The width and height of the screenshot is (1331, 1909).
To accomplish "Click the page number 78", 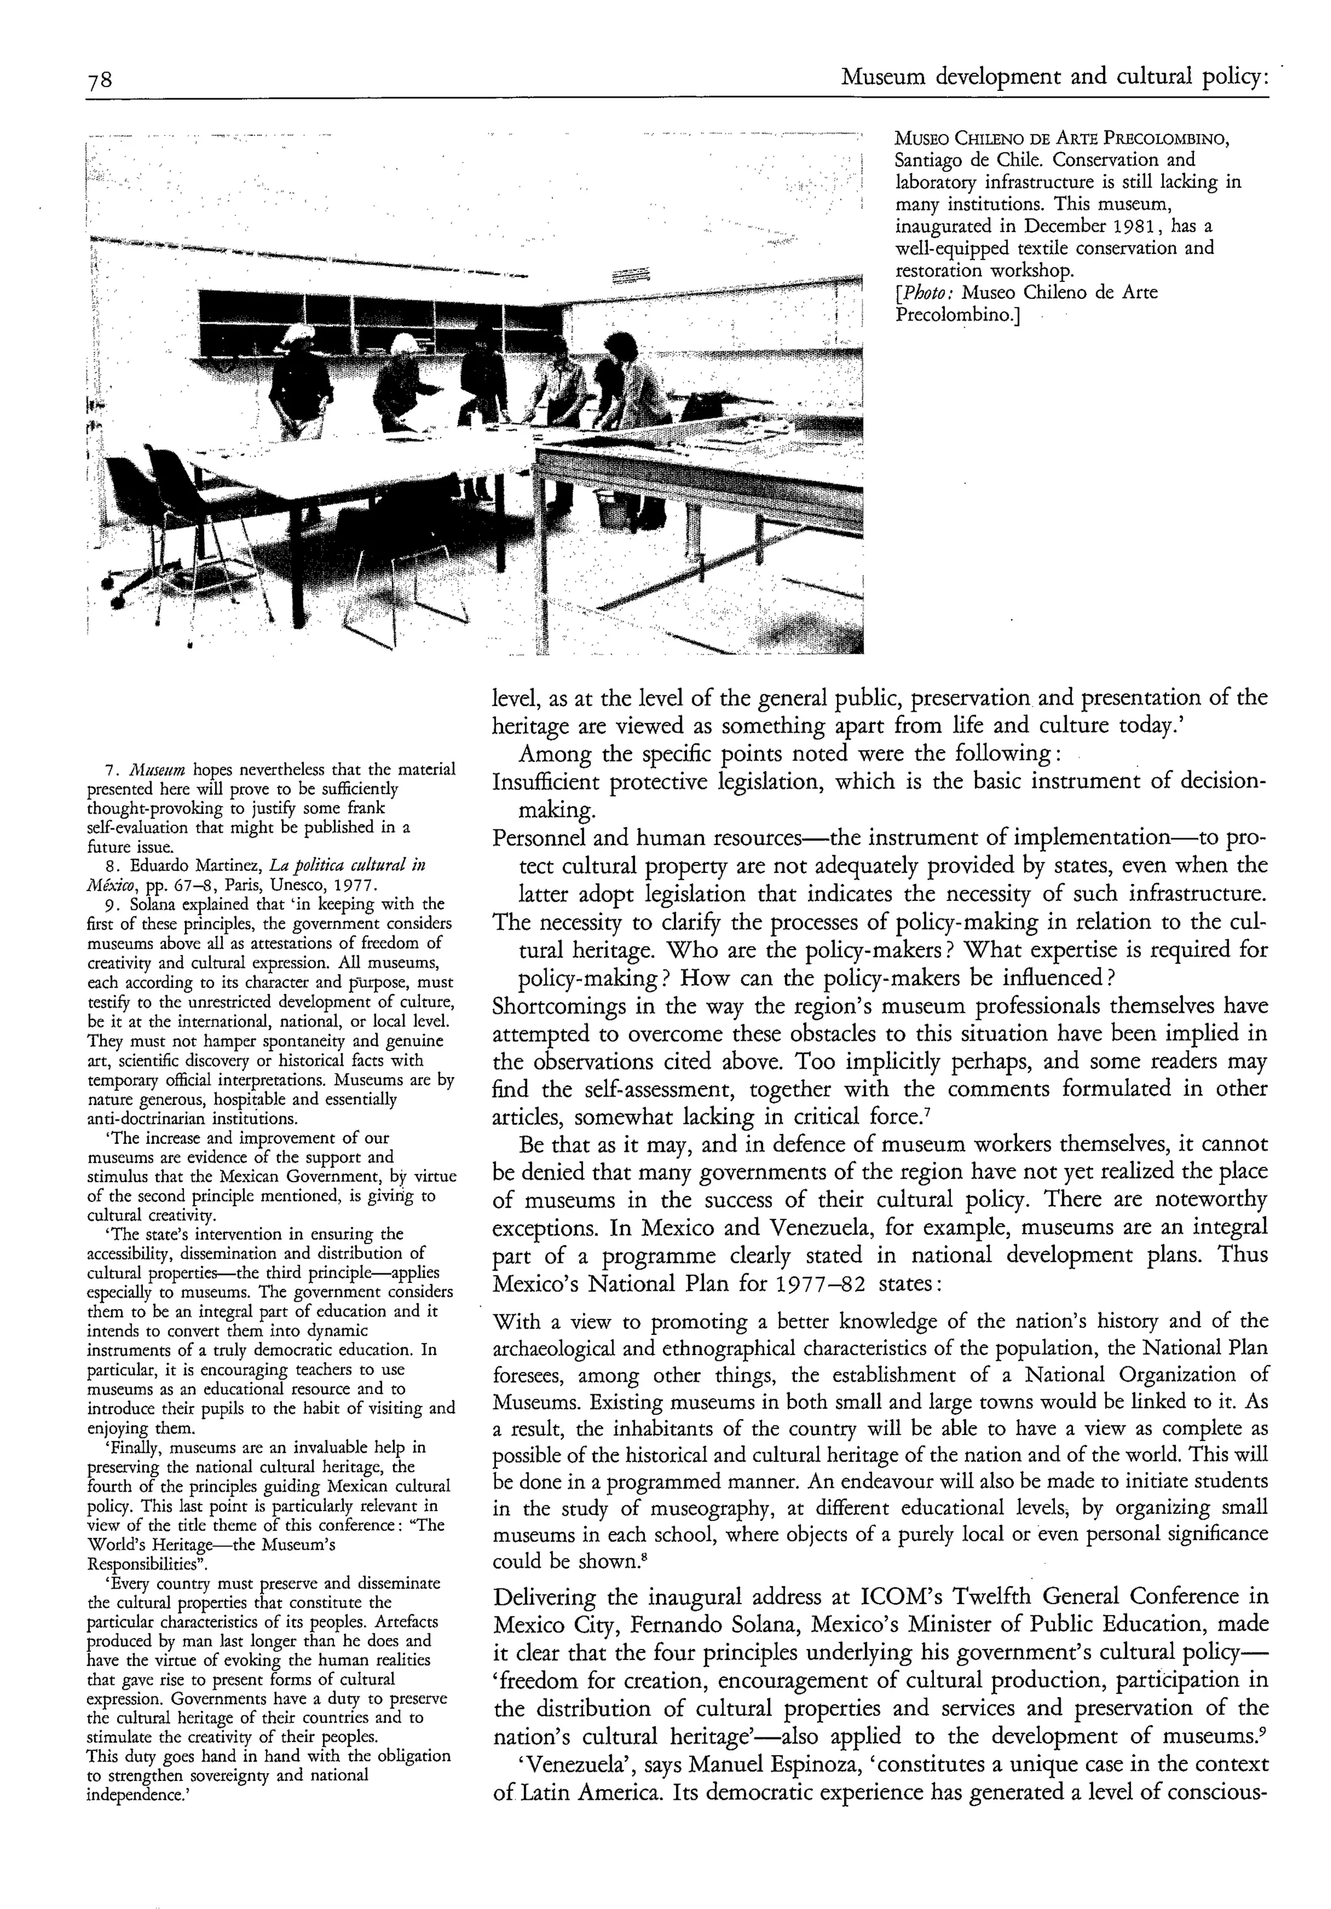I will (100, 81).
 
